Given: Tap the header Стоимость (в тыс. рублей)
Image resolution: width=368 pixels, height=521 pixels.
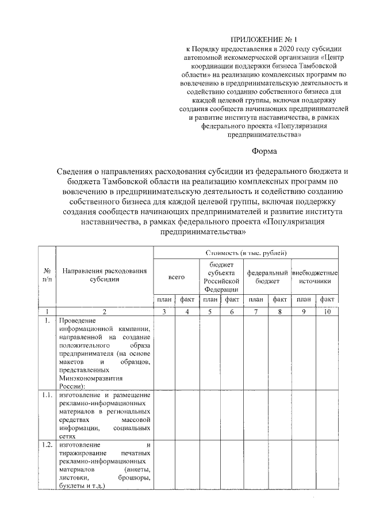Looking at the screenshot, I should point(246,253).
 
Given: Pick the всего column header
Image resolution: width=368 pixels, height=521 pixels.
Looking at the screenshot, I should point(176,277).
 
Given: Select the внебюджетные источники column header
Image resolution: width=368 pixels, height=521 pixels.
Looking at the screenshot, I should point(315,277).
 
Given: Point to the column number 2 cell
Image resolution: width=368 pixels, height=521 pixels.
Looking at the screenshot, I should point(104,311).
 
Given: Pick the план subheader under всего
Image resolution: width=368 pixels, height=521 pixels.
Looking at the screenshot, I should point(165,300).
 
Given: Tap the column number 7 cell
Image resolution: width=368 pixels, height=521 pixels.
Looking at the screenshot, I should point(255,311).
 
